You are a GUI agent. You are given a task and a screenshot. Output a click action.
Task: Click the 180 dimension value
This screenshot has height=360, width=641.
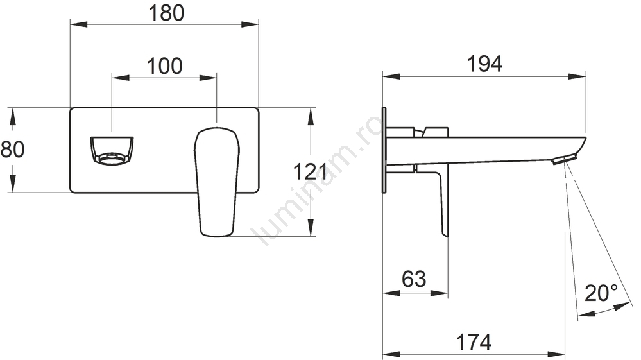point(166,13)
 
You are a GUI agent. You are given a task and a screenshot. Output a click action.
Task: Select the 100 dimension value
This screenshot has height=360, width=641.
point(164,66)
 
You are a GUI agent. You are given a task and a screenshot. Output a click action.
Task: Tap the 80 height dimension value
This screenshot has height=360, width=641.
point(12,149)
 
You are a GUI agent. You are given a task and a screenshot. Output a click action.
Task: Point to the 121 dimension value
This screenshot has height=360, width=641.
point(311,171)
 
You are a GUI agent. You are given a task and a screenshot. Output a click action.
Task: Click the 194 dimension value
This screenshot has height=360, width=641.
point(484,64)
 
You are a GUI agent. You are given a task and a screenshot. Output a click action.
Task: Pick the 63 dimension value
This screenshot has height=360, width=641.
point(414,279)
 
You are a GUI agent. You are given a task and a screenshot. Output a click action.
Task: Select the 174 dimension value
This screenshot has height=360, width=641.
point(474,343)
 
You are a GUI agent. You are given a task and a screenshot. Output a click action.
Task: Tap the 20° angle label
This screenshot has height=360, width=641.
point(601,293)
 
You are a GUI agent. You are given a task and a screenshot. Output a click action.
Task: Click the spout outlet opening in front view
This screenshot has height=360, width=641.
point(112,151)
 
